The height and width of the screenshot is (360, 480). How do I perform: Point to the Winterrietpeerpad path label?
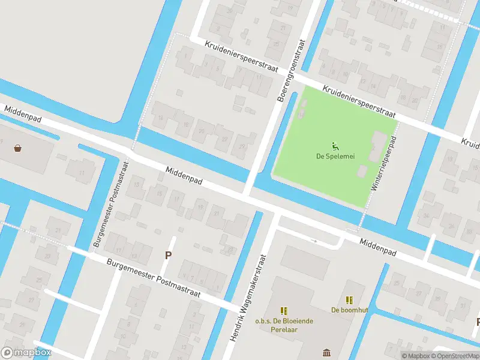point(382,164)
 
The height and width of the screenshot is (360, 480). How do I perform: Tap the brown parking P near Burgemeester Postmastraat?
point(169,255)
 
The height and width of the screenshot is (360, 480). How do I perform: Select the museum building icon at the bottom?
point(326,352)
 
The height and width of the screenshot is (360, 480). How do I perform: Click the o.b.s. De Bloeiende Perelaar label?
point(284,325)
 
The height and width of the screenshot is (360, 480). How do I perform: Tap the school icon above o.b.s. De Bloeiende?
point(284,310)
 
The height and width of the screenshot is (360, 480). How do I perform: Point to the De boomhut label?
point(349,310)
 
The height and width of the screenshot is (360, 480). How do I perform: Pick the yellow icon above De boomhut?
point(349,299)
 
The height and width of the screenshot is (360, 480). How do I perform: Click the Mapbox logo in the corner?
point(26,352)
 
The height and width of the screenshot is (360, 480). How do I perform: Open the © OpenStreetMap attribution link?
point(458,356)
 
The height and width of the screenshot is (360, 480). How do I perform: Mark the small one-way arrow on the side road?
point(314,241)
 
